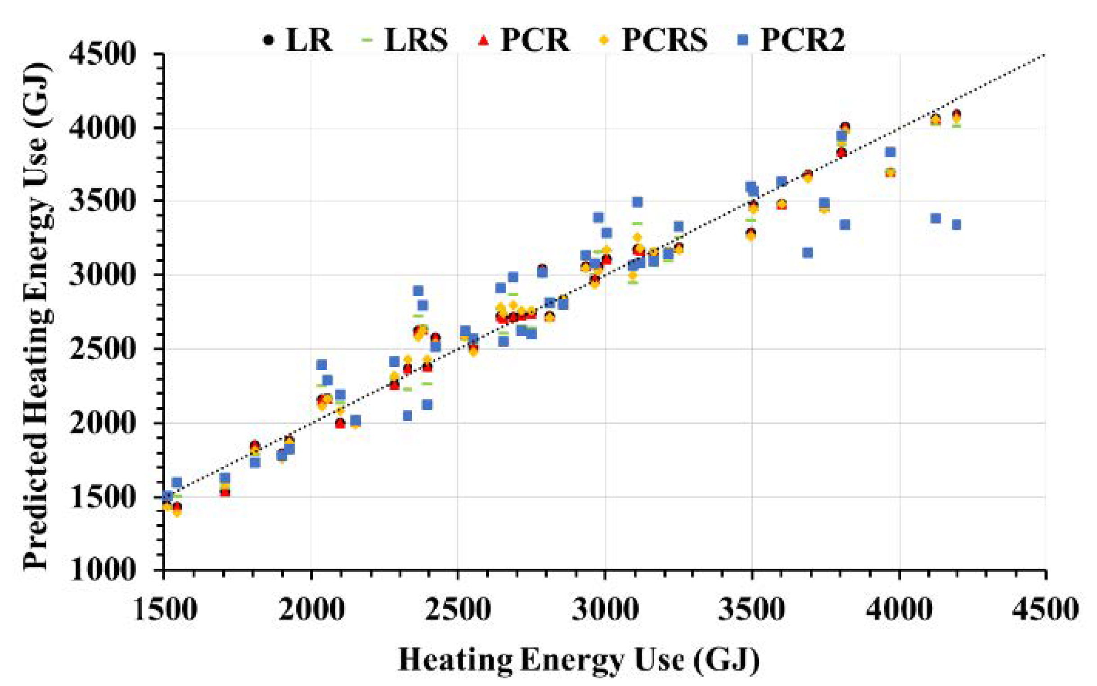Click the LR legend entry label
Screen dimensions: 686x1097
click(x=309, y=40)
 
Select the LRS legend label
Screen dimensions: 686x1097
click(x=416, y=40)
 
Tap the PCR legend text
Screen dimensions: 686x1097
click(x=535, y=40)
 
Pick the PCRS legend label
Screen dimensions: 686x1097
click(x=665, y=40)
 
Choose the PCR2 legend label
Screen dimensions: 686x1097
click(x=802, y=40)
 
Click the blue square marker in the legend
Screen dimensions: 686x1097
click(x=743, y=40)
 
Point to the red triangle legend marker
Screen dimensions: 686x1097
click(x=485, y=40)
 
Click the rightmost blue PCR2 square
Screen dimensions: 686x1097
click(x=956, y=225)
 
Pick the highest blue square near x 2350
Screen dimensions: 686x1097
click(x=418, y=290)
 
